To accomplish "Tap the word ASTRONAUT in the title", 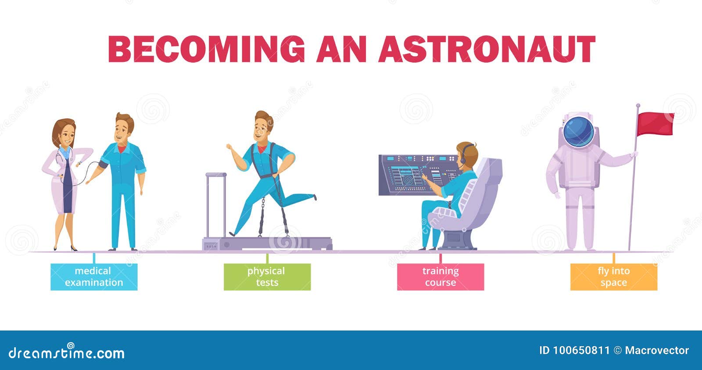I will pos(487,49).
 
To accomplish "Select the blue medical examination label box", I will pos(94,277).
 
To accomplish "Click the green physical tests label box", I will pos(267,277).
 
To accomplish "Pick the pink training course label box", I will pos(440,277).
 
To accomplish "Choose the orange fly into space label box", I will pos(613,277).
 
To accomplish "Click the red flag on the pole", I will pos(655,124).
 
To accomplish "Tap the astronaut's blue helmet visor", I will pos(578,132).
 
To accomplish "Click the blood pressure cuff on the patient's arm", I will pos(103,165).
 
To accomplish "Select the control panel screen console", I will pos(417,175).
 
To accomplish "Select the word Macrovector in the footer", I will pos(656,350).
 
